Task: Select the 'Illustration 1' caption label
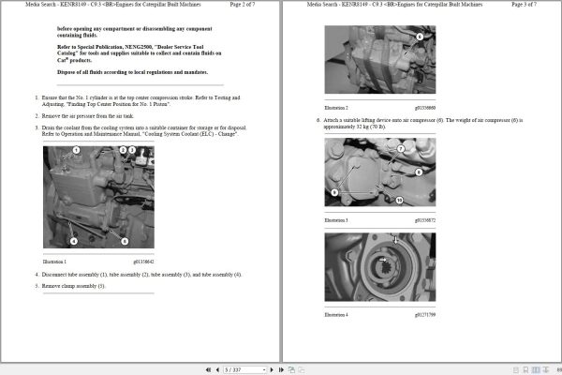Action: [x=58, y=262]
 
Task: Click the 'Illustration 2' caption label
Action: [x=336, y=108]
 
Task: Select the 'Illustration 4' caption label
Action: [x=336, y=314]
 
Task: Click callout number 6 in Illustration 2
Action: [x=420, y=36]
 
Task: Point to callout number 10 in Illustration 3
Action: [x=398, y=200]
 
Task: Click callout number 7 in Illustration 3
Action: [x=400, y=148]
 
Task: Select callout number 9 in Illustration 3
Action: [x=332, y=191]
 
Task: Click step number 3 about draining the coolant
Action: [x=37, y=127]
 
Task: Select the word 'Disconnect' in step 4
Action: [x=55, y=274]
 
